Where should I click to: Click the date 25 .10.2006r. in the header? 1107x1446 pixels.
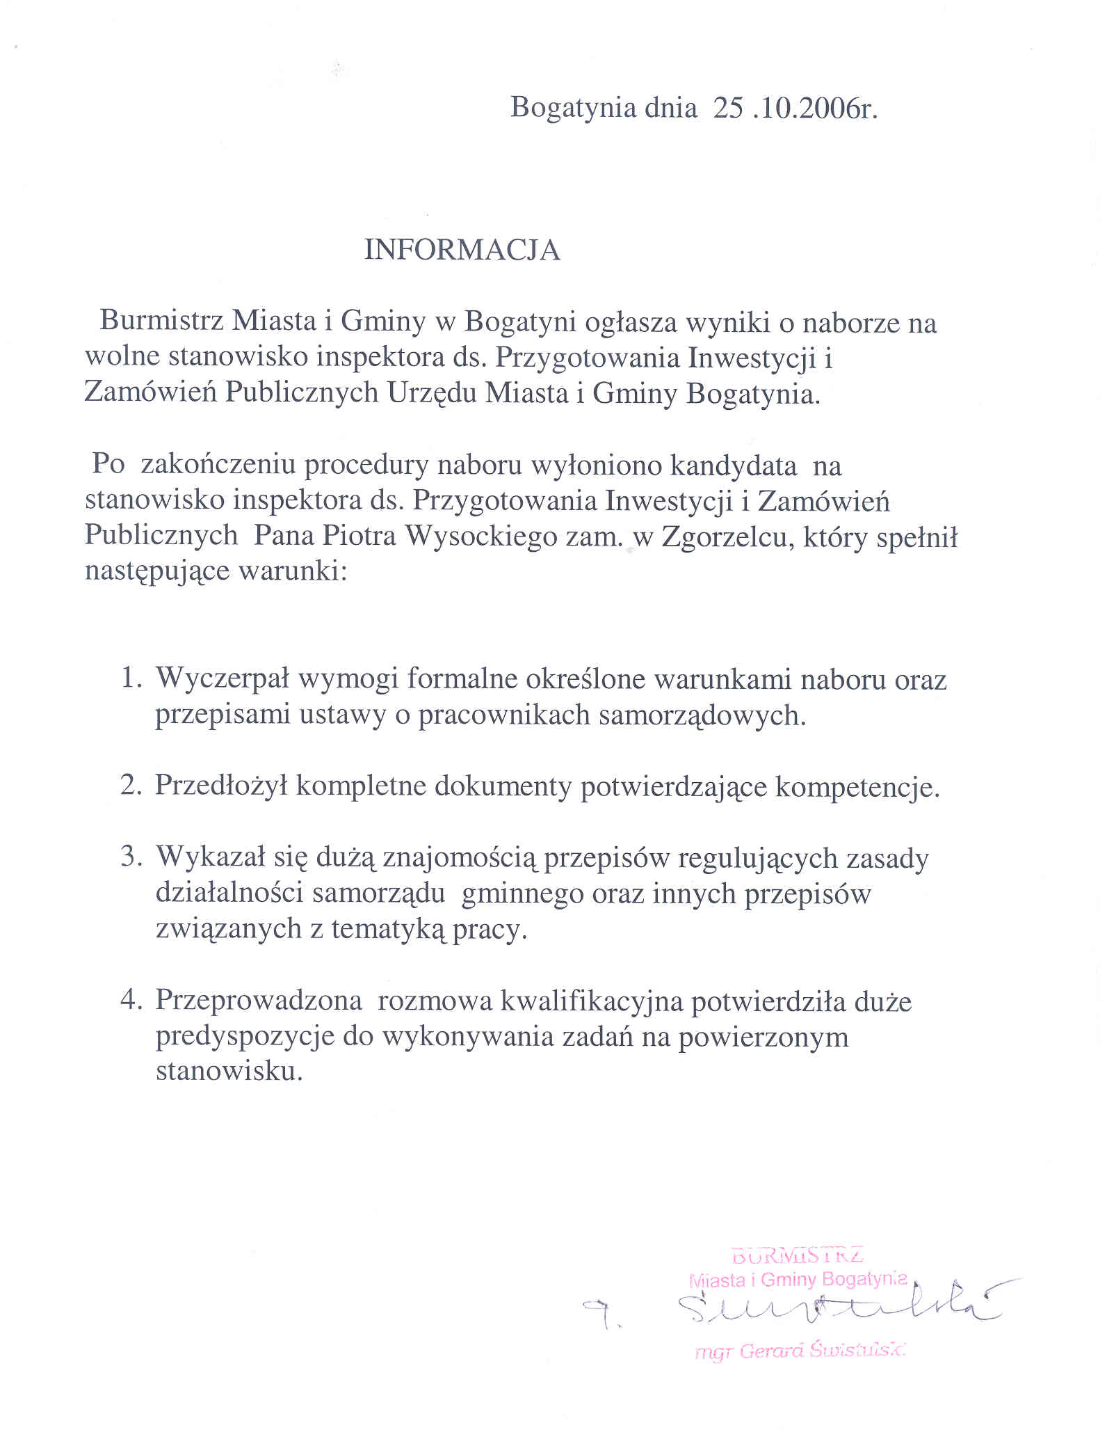(x=795, y=109)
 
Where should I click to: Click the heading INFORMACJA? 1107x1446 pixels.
(x=462, y=251)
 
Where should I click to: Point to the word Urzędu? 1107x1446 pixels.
(x=431, y=393)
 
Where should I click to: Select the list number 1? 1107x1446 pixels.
(x=131, y=678)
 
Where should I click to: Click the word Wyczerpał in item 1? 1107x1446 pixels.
(x=223, y=679)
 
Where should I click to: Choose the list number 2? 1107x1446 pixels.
(x=131, y=786)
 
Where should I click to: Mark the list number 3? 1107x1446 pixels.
(x=131, y=857)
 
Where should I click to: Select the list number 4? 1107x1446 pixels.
(x=131, y=1001)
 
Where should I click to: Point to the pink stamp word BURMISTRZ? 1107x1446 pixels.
(x=798, y=1255)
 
